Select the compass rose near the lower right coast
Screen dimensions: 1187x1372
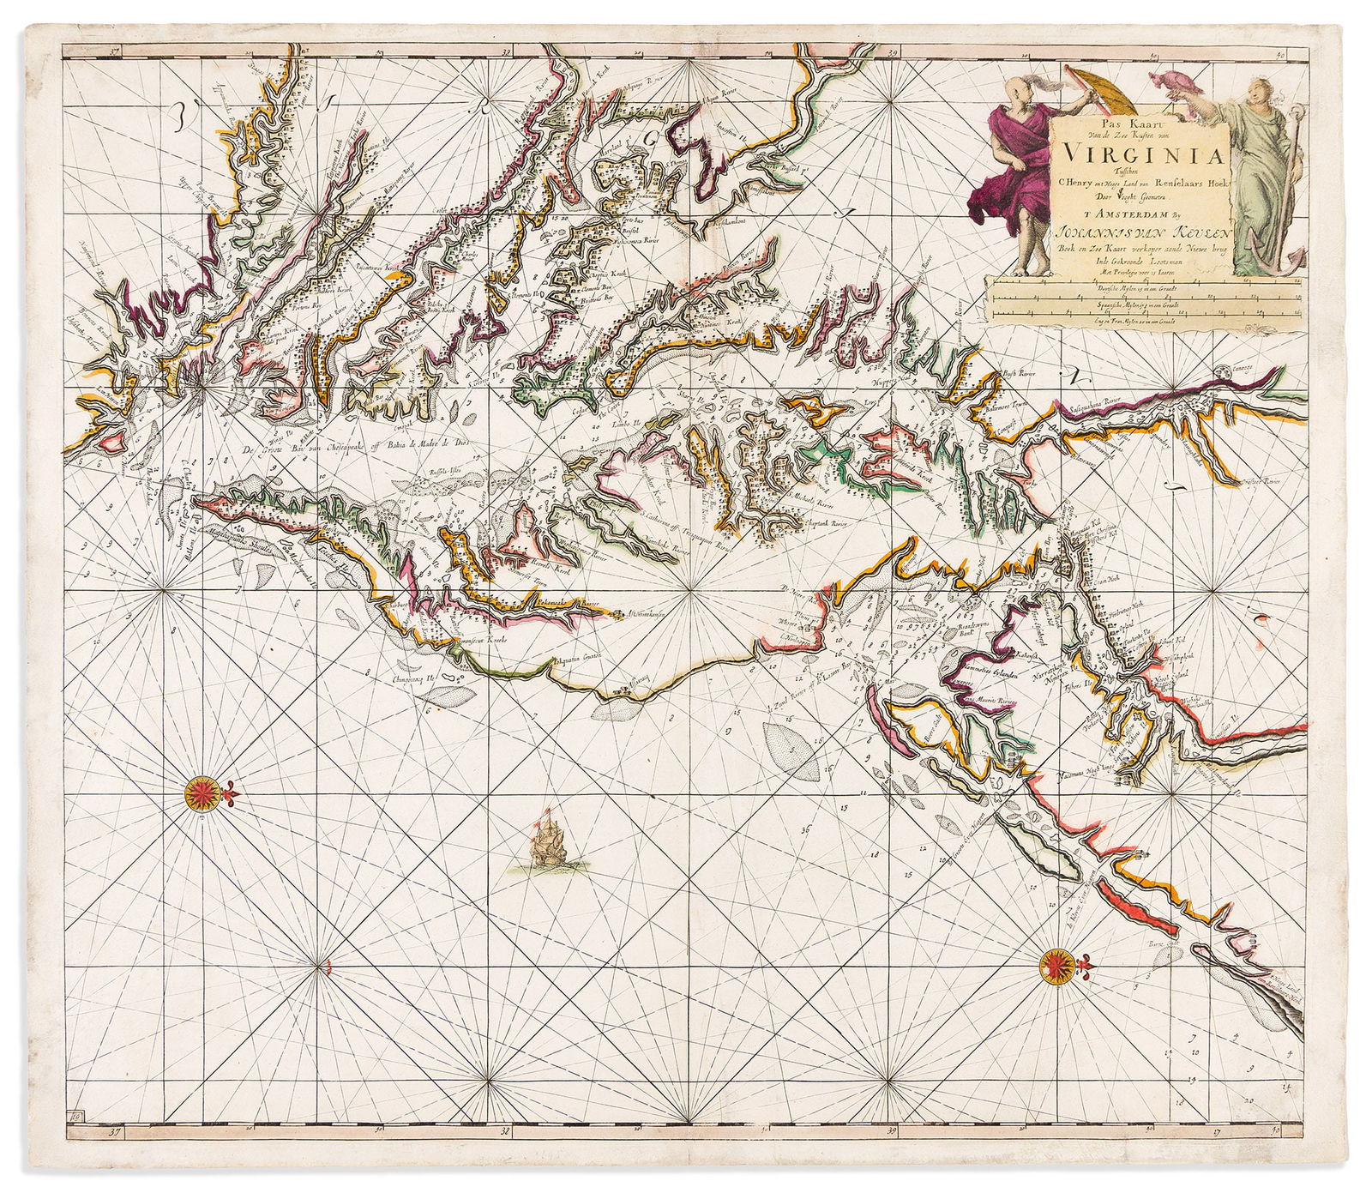pos(1056,966)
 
